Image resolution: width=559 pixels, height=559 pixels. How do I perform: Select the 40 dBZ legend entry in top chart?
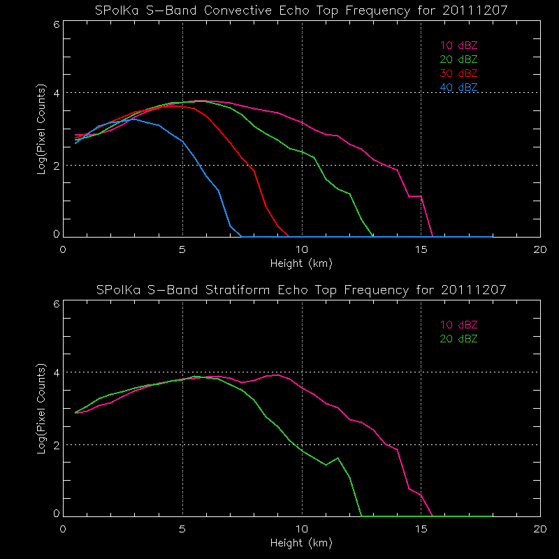[459, 87]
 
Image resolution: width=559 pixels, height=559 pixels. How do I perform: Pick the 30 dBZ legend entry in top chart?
[459, 73]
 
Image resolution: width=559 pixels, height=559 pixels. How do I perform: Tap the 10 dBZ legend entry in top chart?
[459, 45]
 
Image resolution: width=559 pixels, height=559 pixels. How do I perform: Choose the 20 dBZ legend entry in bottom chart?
[459, 339]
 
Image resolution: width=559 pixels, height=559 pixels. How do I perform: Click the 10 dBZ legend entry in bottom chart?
[459, 325]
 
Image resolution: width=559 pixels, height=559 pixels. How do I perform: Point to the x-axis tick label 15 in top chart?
[421, 250]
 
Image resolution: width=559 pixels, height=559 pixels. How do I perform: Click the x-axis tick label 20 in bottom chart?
[540, 529]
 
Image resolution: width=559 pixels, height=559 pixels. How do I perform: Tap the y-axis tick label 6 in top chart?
[56, 24]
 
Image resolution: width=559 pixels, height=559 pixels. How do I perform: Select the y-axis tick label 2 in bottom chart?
[56, 445]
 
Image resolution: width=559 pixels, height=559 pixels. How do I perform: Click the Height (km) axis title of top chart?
[302, 263]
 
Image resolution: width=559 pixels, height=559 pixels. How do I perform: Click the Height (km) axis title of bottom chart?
[302, 542]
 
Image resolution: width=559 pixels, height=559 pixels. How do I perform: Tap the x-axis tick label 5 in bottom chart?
[182, 529]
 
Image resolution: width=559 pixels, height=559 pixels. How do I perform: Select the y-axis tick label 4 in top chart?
[56, 93]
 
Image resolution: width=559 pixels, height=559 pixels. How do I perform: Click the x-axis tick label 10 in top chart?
[302, 250]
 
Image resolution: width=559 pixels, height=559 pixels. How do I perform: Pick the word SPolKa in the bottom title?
[116, 289]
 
